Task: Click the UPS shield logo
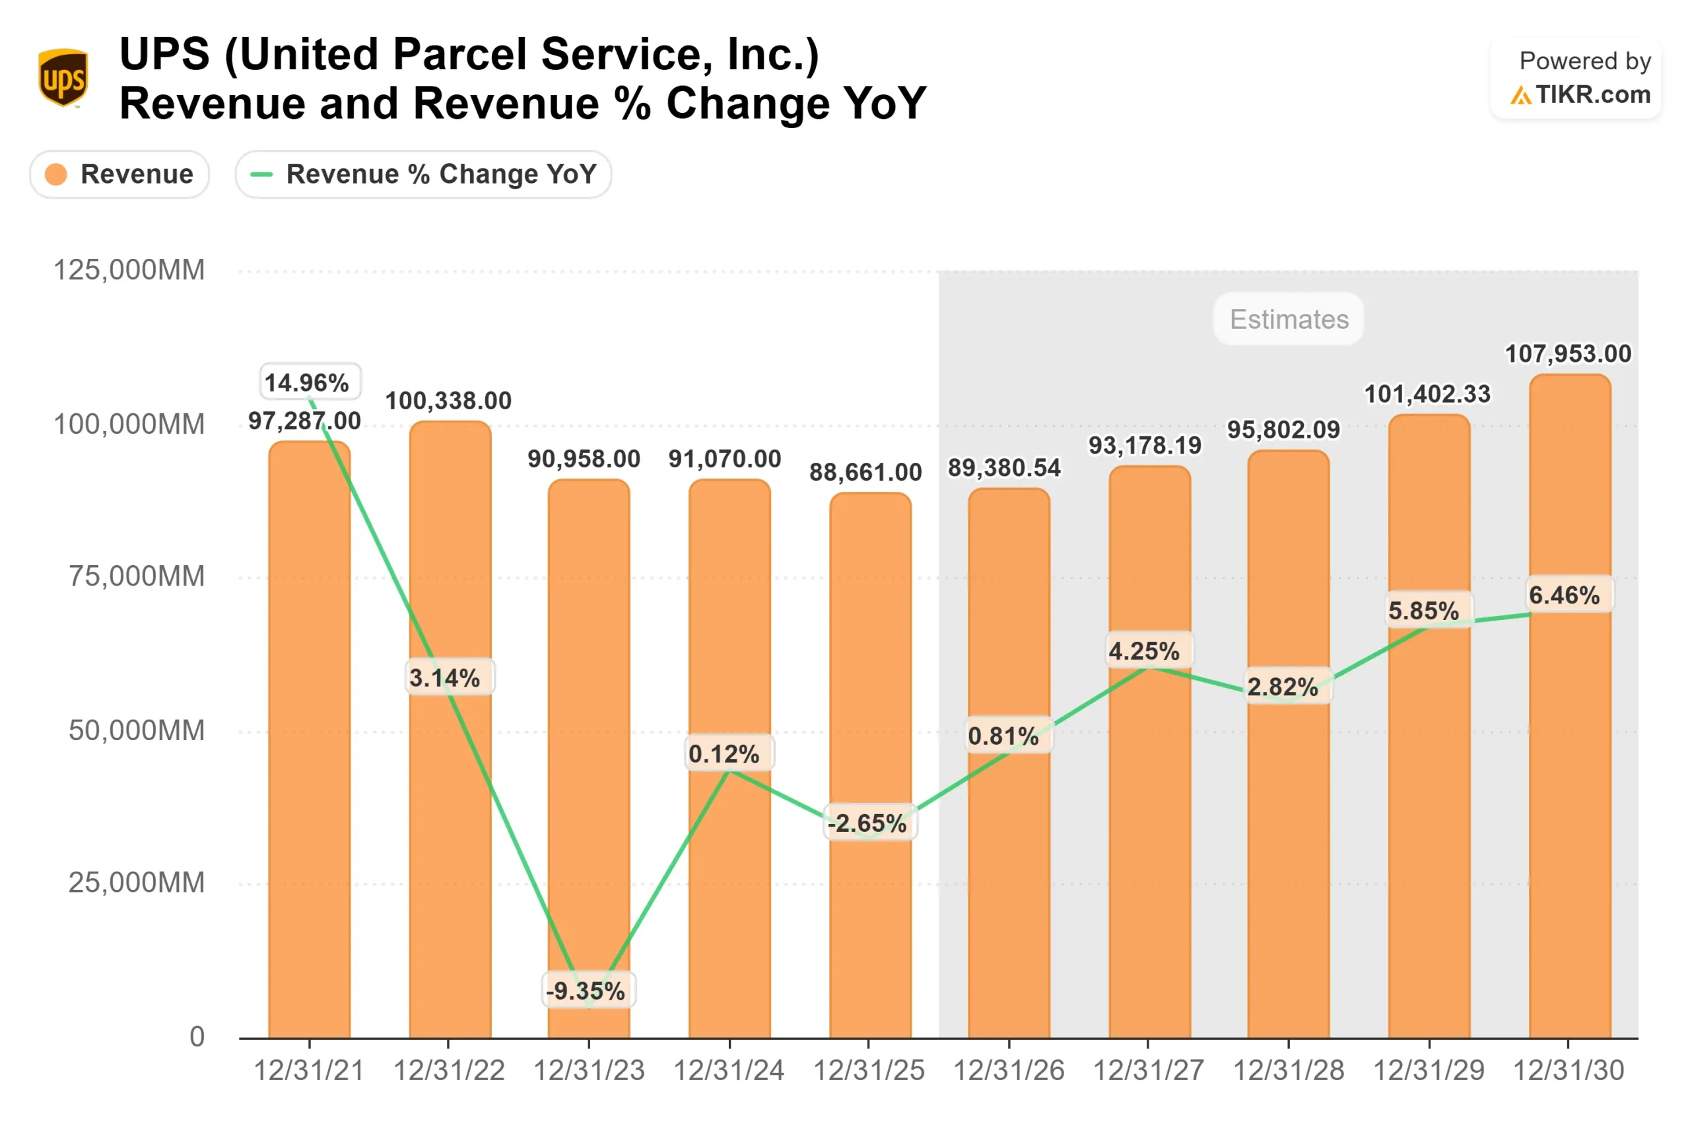coord(63,78)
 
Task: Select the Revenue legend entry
coord(119,174)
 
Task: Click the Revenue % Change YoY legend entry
coord(423,174)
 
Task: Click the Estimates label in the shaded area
coord(1289,319)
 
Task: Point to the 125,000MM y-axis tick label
coord(129,270)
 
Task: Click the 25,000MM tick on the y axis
coord(137,883)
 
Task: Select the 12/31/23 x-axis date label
coord(590,1071)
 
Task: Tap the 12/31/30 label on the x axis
coord(1569,1071)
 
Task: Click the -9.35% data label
coord(586,991)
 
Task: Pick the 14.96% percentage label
coord(307,382)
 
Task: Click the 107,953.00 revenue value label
coord(1568,354)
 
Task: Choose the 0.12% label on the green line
coord(724,754)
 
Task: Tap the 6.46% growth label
coord(1565,595)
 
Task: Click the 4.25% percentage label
coord(1144,651)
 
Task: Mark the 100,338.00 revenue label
coord(448,401)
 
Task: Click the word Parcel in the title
coord(459,55)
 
